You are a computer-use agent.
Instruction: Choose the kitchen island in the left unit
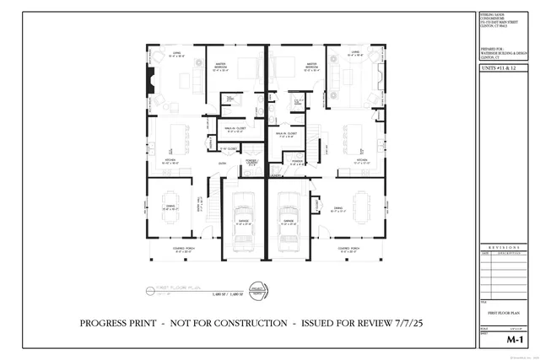[x=179, y=136]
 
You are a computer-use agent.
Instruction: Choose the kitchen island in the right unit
[x=354, y=136]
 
